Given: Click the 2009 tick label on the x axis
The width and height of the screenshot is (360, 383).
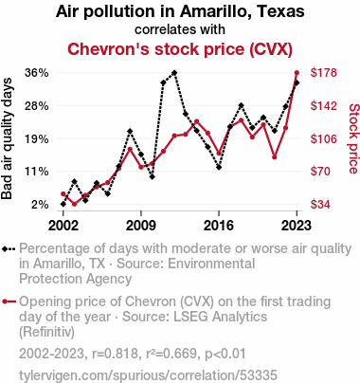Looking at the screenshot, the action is [141, 226].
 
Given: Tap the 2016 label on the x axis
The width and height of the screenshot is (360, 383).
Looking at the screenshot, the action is [219, 226].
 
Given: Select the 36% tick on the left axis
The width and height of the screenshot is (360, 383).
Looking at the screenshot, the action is [37, 73].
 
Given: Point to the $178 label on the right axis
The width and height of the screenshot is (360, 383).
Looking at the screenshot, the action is [324, 73].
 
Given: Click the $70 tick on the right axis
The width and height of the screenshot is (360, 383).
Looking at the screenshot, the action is [320, 172].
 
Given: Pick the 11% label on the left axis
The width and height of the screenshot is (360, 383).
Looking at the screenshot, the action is [37, 172].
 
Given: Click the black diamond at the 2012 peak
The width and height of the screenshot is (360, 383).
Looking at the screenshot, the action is [174, 73].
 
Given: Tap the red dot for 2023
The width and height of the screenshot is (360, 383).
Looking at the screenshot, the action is [297, 73].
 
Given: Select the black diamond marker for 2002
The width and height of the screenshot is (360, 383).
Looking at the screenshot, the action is [63, 205].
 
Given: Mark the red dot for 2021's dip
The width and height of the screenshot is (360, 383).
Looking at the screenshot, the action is [275, 157].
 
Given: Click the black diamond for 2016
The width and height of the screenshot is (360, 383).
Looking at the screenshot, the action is [219, 167].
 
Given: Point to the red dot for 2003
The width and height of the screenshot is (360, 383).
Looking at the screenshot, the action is [74, 204].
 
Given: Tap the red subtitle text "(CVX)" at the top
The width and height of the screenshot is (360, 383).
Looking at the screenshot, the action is [271, 49].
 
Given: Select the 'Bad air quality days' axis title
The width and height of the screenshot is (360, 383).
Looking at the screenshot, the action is [7, 138].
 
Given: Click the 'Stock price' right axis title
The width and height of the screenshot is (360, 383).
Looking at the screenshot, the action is [353, 138].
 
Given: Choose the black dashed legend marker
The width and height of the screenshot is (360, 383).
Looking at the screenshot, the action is [9, 249].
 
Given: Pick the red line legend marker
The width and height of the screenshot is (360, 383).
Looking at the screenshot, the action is [9, 301].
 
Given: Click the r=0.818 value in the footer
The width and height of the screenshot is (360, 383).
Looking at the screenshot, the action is [115, 354].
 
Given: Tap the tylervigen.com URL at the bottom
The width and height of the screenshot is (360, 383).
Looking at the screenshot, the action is [148, 375].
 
